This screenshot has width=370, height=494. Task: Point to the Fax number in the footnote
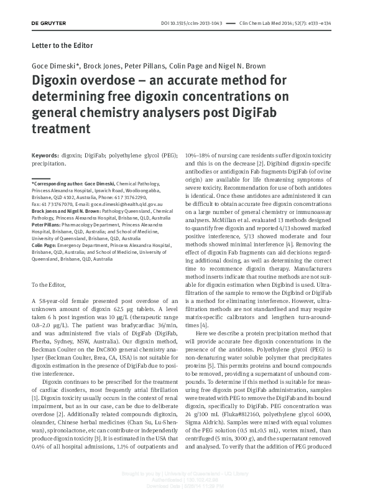coord(52,203)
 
